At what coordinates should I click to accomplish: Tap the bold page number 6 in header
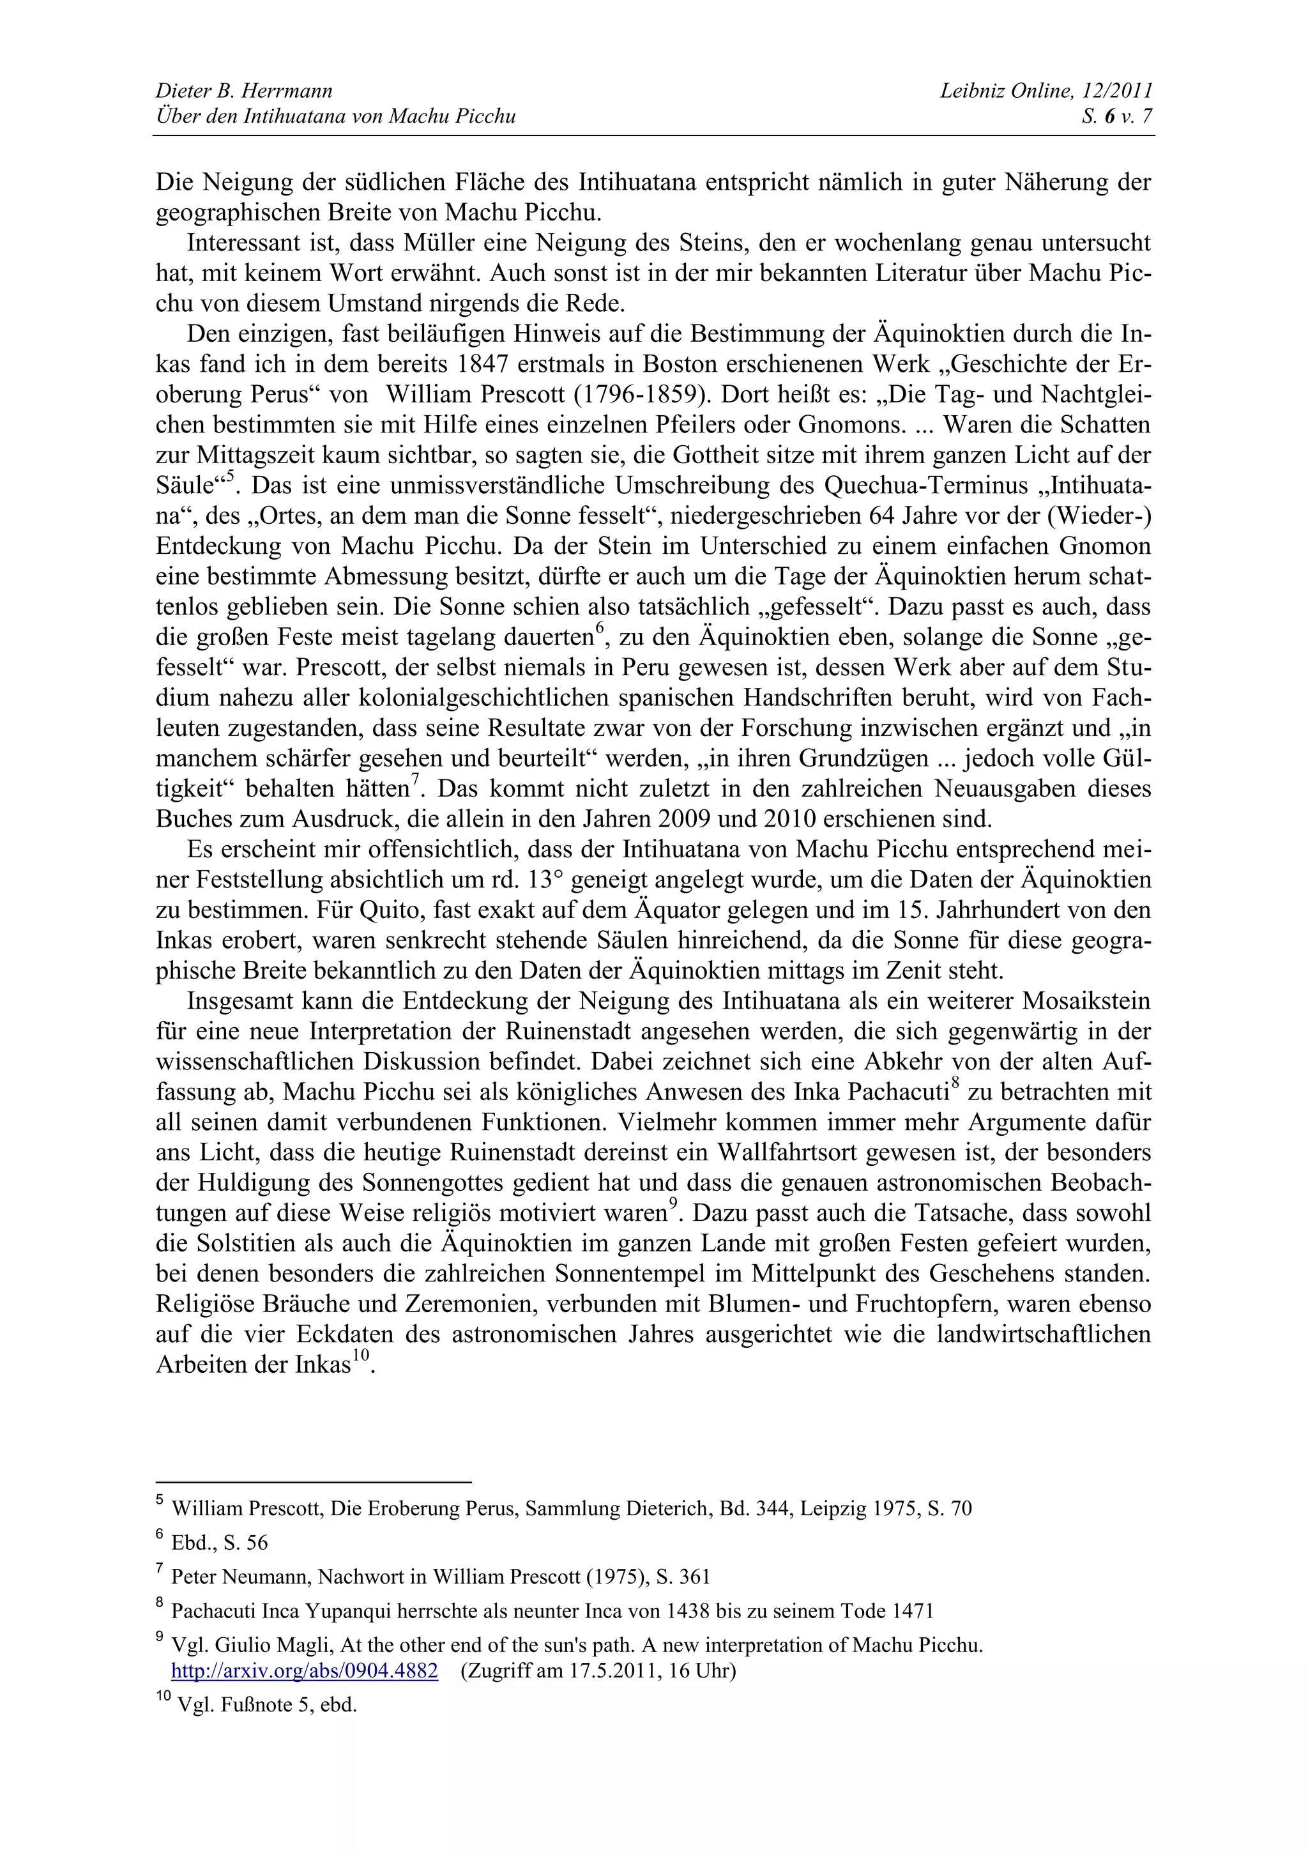pos(1109,117)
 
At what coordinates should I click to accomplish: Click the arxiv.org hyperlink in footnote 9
pos(305,1670)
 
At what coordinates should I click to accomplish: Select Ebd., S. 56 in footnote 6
pos(219,1543)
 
